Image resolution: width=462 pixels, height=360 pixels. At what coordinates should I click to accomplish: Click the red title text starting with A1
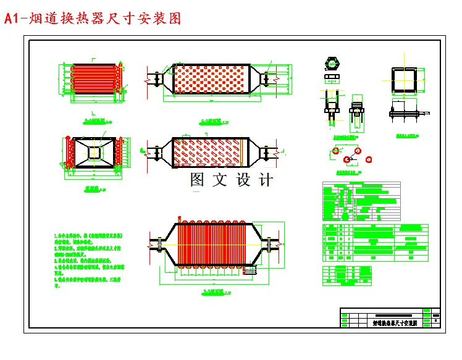(93, 19)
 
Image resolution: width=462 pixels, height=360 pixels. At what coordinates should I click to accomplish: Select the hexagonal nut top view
(332, 64)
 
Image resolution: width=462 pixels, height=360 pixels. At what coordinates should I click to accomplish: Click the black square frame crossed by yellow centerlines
(403, 80)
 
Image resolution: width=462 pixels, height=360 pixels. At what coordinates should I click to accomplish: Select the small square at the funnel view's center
(94, 152)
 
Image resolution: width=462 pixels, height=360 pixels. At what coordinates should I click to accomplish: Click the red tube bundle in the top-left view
(91, 78)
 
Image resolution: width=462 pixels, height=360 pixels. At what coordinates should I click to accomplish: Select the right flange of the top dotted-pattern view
(267, 80)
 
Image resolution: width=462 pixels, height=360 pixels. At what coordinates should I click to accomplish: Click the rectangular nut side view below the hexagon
(332, 78)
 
